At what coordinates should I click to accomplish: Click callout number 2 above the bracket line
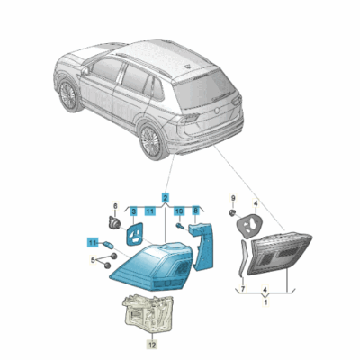[x=165, y=198]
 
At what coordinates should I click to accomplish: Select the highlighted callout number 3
[x=134, y=211]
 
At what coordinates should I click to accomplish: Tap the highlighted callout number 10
[x=179, y=211]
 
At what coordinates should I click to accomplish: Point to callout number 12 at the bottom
[x=152, y=346]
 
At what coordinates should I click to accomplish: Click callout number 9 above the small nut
[x=233, y=198]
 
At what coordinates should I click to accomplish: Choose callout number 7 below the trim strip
[x=243, y=289]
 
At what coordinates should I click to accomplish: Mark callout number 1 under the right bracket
[x=265, y=302]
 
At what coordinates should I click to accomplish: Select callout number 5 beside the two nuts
[x=93, y=260]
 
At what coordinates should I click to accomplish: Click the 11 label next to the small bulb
[x=93, y=242]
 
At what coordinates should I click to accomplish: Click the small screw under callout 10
[x=179, y=226]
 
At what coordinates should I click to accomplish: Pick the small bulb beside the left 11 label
[x=108, y=245]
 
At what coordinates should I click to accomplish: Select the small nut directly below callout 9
[x=231, y=213]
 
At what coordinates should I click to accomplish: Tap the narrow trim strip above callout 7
[x=244, y=258]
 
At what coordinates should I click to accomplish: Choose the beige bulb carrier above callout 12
[x=148, y=312]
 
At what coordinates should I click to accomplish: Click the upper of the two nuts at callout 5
[x=113, y=256]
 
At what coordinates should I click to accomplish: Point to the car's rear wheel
[x=151, y=140]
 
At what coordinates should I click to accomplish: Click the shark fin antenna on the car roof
[x=189, y=67]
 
